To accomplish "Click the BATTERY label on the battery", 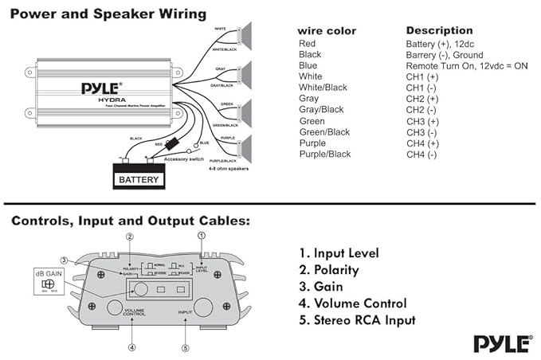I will pos(139,180).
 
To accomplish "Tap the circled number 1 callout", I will pos(201,236).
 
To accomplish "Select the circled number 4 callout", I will pos(132,346).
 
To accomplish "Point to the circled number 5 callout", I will pos(185,346).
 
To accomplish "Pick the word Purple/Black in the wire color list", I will pos(324,155).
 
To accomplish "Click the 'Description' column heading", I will pos(439,30).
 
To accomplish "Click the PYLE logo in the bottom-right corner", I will pos(502,343).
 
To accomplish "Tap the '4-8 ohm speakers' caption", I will pos(229,170).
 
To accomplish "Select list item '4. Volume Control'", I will pos(353,303).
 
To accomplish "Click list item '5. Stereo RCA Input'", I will pos(357,320).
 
